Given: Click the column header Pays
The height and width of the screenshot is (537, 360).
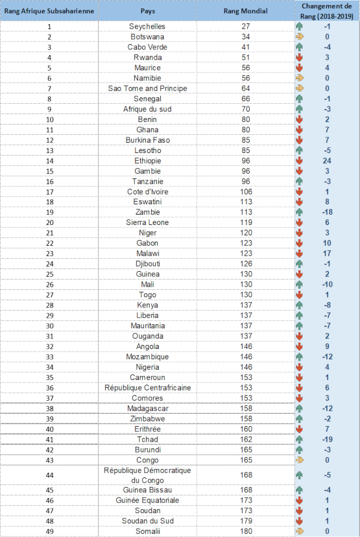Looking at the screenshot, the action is point(148,11).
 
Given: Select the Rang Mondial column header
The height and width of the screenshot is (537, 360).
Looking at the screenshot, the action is point(246,11).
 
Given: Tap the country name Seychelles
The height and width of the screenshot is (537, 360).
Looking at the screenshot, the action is point(147,27).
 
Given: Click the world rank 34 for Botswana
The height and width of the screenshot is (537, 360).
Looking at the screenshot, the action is point(246,37).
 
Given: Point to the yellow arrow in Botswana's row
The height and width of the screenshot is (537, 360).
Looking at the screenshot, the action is point(300,37).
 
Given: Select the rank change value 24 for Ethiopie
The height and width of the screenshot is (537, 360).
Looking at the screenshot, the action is point(327,161).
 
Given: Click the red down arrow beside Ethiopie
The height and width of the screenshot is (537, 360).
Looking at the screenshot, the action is point(300,161).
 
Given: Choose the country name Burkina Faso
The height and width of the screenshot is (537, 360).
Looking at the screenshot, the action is point(148,140).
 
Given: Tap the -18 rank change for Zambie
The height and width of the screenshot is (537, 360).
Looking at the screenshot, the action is point(327,212).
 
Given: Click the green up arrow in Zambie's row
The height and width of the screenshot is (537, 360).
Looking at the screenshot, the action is point(300,212).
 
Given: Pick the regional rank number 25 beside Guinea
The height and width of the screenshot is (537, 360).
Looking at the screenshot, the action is point(50,274).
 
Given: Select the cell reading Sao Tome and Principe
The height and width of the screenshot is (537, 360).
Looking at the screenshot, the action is point(148,88).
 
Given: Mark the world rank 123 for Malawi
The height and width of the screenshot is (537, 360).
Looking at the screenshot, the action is point(246,254).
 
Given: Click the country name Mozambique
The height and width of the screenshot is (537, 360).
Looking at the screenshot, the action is point(147,357).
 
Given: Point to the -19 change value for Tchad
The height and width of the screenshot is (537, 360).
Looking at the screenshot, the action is point(327,440).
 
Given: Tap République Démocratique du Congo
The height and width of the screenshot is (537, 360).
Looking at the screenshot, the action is point(147,475).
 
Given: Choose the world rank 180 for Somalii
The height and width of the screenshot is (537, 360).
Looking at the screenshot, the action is point(246,531).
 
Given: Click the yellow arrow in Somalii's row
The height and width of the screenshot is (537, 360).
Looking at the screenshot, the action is point(300,531).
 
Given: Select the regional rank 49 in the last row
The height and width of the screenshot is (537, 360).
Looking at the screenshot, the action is point(50,532).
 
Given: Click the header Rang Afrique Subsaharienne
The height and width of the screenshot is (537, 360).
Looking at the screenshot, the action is point(49,11).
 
